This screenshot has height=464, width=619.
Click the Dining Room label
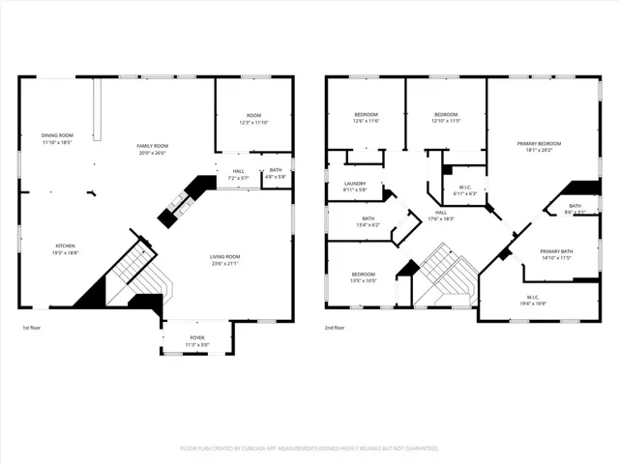click(57, 138)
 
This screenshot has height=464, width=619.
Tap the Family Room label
click(152, 147)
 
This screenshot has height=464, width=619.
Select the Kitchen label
click(65, 248)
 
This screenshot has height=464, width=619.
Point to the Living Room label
click(224, 259)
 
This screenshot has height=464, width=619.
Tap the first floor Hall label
click(238, 174)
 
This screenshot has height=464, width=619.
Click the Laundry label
click(355, 186)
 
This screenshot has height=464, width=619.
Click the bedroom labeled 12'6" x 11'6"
click(366, 117)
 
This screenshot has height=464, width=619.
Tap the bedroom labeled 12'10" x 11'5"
click(446, 117)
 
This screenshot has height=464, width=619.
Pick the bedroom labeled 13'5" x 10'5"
click(364, 277)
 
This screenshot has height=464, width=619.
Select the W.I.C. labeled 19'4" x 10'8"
click(533, 300)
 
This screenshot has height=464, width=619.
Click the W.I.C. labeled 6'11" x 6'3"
click(465, 190)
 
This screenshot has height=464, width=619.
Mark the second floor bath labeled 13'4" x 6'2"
click(368, 221)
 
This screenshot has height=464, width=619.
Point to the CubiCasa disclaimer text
click(309, 449)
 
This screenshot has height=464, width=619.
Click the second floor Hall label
click(441, 216)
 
